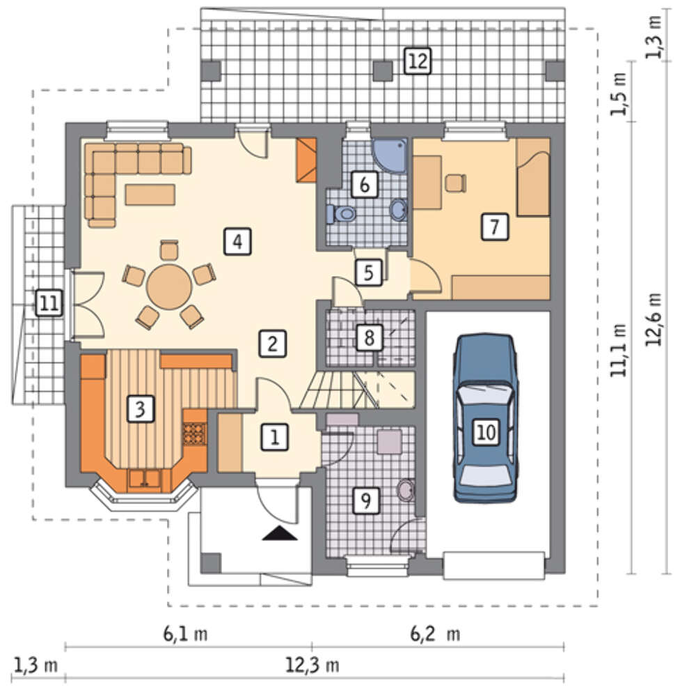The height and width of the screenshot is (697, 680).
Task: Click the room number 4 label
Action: [x=237, y=242]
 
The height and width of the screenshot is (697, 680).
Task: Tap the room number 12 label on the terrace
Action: [x=417, y=61]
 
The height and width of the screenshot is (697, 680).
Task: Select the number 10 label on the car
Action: [x=486, y=431]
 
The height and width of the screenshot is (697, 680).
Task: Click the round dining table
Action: [x=170, y=286]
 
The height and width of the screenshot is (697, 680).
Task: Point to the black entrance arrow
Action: [x=280, y=533]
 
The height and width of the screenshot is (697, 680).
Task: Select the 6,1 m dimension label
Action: [x=186, y=634]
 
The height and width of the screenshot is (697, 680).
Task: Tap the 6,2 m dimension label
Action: [x=435, y=634]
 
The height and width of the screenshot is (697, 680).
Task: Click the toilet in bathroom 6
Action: [x=341, y=214]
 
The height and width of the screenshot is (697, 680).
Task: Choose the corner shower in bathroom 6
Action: [x=390, y=155]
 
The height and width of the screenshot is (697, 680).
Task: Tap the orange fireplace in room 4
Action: [x=306, y=160]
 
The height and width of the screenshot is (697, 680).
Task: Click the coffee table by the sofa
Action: [x=150, y=194]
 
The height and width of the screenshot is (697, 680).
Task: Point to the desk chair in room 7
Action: [x=456, y=183]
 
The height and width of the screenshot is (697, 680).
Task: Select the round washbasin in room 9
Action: [x=405, y=491]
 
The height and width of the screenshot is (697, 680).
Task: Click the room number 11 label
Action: [x=49, y=304]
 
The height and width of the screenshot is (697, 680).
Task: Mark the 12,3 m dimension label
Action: [x=312, y=666]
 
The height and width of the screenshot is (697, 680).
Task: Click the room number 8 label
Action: [x=369, y=337]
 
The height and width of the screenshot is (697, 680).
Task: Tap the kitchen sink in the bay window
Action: [x=144, y=478]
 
